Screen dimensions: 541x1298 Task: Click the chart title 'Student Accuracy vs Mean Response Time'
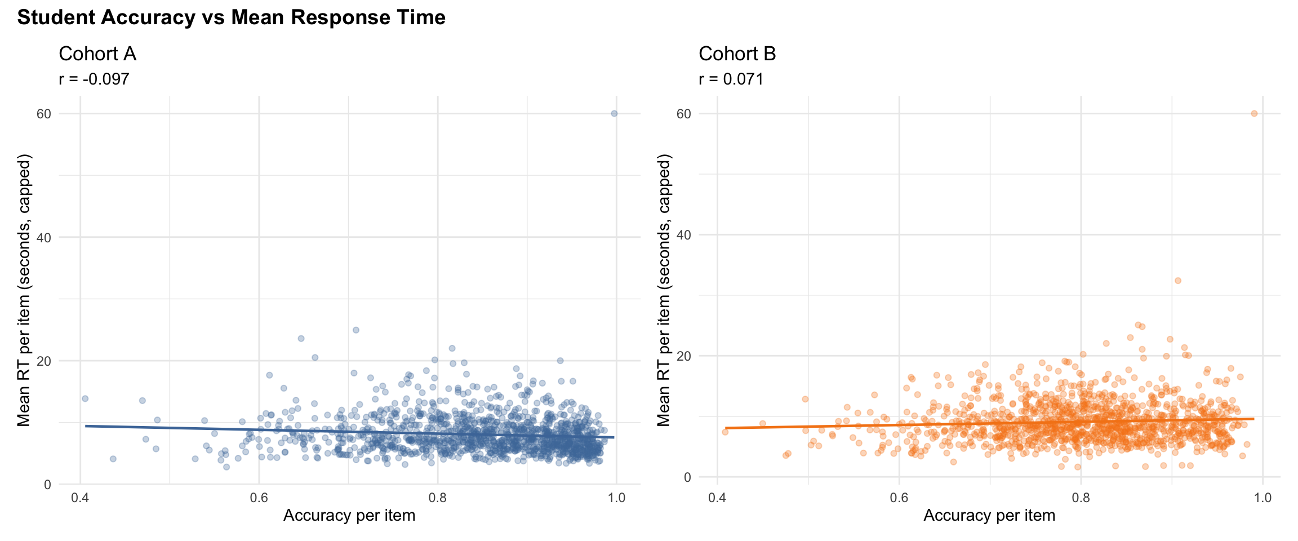(x=231, y=17)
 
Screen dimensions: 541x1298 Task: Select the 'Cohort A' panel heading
(x=97, y=54)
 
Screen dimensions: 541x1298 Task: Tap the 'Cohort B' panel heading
(x=737, y=54)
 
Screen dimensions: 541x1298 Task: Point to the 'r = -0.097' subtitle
(x=94, y=79)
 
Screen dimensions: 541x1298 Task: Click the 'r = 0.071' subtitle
(x=731, y=79)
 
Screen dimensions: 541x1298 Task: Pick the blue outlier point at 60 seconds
(x=614, y=113)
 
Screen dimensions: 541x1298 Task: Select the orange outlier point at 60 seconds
(x=1254, y=113)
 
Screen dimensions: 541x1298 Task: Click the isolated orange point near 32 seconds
(x=1177, y=281)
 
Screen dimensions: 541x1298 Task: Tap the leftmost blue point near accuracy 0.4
(x=85, y=398)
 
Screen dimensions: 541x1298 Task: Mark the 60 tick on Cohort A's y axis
(x=44, y=114)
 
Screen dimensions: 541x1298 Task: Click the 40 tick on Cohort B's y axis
(x=683, y=235)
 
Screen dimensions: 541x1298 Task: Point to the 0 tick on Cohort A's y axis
(x=47, y=485)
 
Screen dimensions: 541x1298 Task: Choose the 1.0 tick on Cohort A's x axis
(x=617, y=498)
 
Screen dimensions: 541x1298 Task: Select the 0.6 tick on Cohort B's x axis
(x=899, y=498)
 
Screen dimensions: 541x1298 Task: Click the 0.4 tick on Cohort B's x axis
(x=717, y=498)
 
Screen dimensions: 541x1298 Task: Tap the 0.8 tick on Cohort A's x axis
(x=438, y=498)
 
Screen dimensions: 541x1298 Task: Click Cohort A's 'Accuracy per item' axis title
(x=349, y=516)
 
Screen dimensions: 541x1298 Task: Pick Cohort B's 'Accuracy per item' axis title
(x=989, y=516)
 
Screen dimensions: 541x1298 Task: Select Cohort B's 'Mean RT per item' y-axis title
(x=665, y=290)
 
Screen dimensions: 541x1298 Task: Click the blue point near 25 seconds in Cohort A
(x=355, y=330)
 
